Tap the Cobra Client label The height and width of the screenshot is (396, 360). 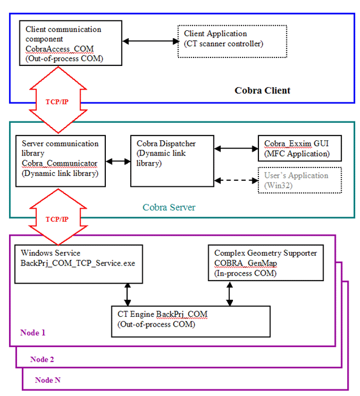pos(263,91)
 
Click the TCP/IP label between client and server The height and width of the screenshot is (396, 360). pos(57,102)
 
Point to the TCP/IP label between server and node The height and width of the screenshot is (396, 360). pos(57,219)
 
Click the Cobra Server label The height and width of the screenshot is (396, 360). pos(169,207)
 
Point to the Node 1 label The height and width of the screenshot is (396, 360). pos(33,333)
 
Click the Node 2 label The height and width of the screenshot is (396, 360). pos(42,359)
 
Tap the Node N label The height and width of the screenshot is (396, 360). pos(48,380)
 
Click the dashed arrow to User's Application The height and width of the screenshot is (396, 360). pos(236,181)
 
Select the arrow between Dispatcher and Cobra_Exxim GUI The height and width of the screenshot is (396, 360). pos(236,149)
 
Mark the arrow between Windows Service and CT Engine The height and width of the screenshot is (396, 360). pos(128,294)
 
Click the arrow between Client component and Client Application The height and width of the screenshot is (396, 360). pos(150,41)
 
